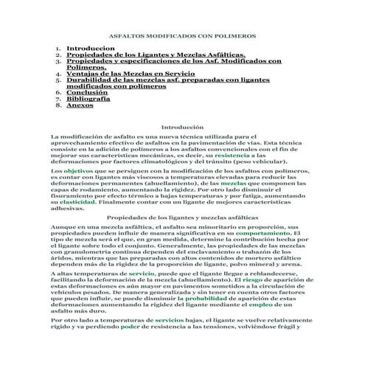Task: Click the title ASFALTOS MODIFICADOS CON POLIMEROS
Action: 181,35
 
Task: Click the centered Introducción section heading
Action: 181,127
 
